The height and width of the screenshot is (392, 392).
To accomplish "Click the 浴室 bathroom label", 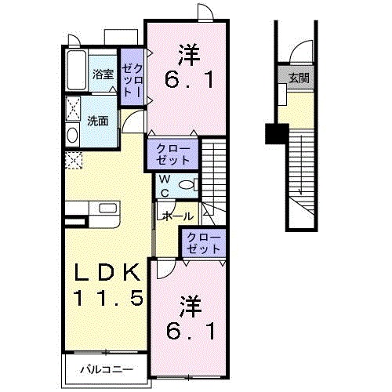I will pyautogui.click(x=103, y=74).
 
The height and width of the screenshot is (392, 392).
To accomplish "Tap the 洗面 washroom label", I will pyautogui.click(x=98, y=121).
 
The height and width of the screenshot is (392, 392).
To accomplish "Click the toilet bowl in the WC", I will pyautogui.click(x=186, y=185).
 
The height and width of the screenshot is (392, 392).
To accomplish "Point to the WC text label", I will pyautogui.click(x=166, y=185).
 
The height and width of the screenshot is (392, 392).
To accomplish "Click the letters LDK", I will pyautogui.click(x=108, y=272).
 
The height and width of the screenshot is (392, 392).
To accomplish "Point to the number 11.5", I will pyautogui.click(x=108, y=298).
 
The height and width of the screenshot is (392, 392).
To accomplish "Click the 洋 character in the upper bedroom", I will pyautogui.click(x=188, y=56).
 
